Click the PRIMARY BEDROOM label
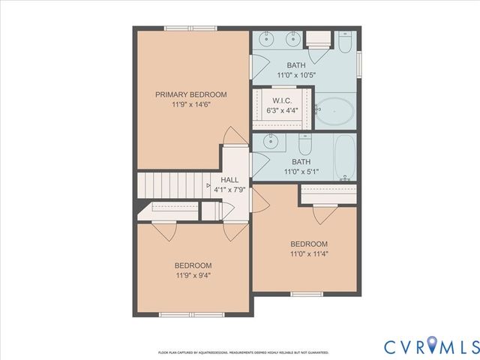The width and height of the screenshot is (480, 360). [x=191, y=94]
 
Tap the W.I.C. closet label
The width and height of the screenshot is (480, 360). [x=282, y=100]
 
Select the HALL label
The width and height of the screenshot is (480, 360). [x=229, y=181]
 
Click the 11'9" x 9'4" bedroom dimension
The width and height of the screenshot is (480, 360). [x=193, y=275]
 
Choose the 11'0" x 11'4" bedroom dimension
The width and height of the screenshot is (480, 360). [x=309, y=253]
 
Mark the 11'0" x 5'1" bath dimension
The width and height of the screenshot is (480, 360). [x=301, y=172]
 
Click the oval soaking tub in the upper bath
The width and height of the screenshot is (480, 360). [x=335, y=110]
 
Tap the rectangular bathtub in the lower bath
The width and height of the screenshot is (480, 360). [x=345, y=158]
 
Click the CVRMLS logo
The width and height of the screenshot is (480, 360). [x=430, y=346]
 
